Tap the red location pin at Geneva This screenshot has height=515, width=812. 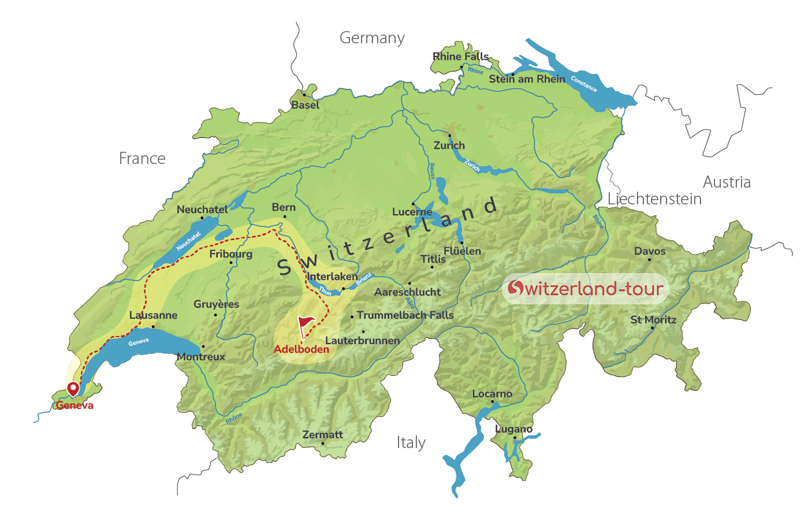pyautogui.click(x=73, y=389)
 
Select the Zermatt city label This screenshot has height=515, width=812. pyautogui.click(x=322, y=434)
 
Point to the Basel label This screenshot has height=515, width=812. pyautogui.click(x=305, y=105)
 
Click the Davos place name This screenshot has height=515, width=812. pyautogui.click(x=650, y=251)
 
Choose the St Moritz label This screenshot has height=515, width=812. pyautogui.click(x=653, y=319)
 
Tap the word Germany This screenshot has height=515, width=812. pyautogui.click(x=372, y=38)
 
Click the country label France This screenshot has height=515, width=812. pyautogui.click(x=142, y=158)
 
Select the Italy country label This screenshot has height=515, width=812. pyautogui.click(x=411, y=443)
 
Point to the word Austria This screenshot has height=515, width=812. pyautogui.click(x=727, y=182)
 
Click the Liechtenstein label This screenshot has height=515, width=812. pyautogui.click(x=654, y=199)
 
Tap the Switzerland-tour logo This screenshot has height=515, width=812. pyautogui.click(x=585, y=288)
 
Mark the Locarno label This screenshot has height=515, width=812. pyautogui.click(x=492, y=394)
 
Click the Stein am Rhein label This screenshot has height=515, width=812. pyautogui.click(x=527, y=79)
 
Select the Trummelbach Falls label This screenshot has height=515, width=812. pyautogui.click(x=405, y=315)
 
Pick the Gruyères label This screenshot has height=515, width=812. pyautogui.click(x=216, y=304)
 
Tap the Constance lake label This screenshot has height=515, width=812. pyautogui.click(x=584, y=84)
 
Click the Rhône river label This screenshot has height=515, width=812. pyautogui.click(x=234, y=419)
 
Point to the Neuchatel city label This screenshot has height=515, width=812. pyautogui.click(x=202, y=210)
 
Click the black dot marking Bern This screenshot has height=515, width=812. pyautogui.click(x=284, y=217)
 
